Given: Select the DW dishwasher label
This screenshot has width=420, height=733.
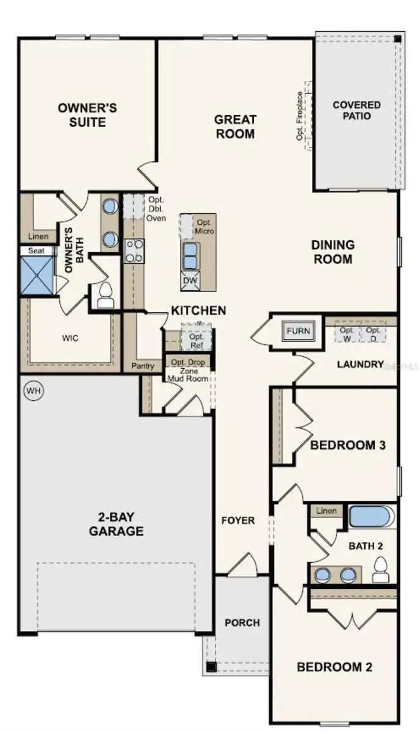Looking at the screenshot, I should tap(189, 282).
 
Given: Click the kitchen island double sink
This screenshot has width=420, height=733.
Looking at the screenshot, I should tap(190, 255).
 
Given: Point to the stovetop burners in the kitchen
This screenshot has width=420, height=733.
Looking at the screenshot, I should tap(134, 250).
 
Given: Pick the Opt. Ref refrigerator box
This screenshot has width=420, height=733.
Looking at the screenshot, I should tap(196, 340).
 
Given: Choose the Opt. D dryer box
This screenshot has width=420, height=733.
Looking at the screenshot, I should tap(373, 334).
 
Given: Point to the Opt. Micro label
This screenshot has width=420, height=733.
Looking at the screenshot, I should tap(204, 227).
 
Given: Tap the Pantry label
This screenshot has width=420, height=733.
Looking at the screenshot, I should tap(142, 366).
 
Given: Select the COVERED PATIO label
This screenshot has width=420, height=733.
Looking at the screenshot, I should tap(357, 111).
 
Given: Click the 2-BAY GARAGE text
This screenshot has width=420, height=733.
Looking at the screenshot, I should tap(116, 524).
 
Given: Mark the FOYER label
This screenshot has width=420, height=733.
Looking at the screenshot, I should tap(238, 520).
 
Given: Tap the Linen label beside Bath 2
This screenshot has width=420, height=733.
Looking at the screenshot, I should tap(327, 511).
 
